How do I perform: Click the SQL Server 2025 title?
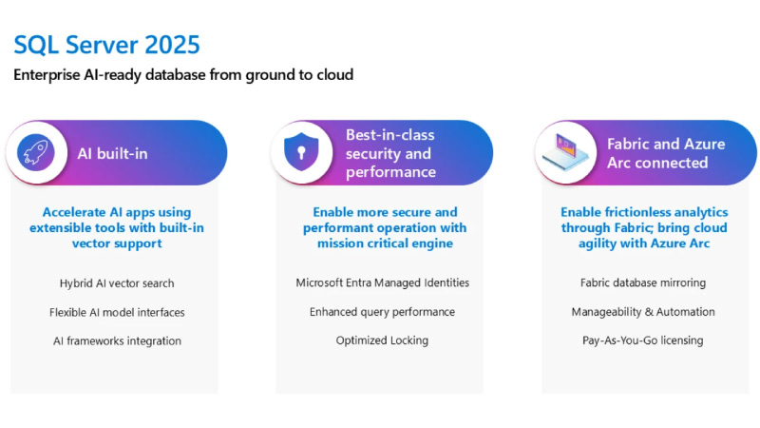pos(106,45)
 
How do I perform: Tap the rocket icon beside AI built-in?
pos(36,152)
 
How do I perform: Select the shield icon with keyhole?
pos(301,152)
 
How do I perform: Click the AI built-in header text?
pos(112,153)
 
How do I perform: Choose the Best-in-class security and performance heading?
pos(390,153)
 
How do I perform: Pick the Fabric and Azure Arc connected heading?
pos(666,153)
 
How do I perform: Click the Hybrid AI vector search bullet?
pos(117,283)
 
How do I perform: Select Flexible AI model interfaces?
pos(117,312)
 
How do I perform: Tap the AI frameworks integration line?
pos(117,341)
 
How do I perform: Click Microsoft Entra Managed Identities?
pos(383,282)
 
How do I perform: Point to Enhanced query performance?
pos(383,312)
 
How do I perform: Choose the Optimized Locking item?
pos(383,340)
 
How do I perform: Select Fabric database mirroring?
pos(643,282)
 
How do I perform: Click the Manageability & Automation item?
pos(643,312)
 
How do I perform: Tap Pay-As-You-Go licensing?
pos(643,340)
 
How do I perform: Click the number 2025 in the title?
pos(172,45)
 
